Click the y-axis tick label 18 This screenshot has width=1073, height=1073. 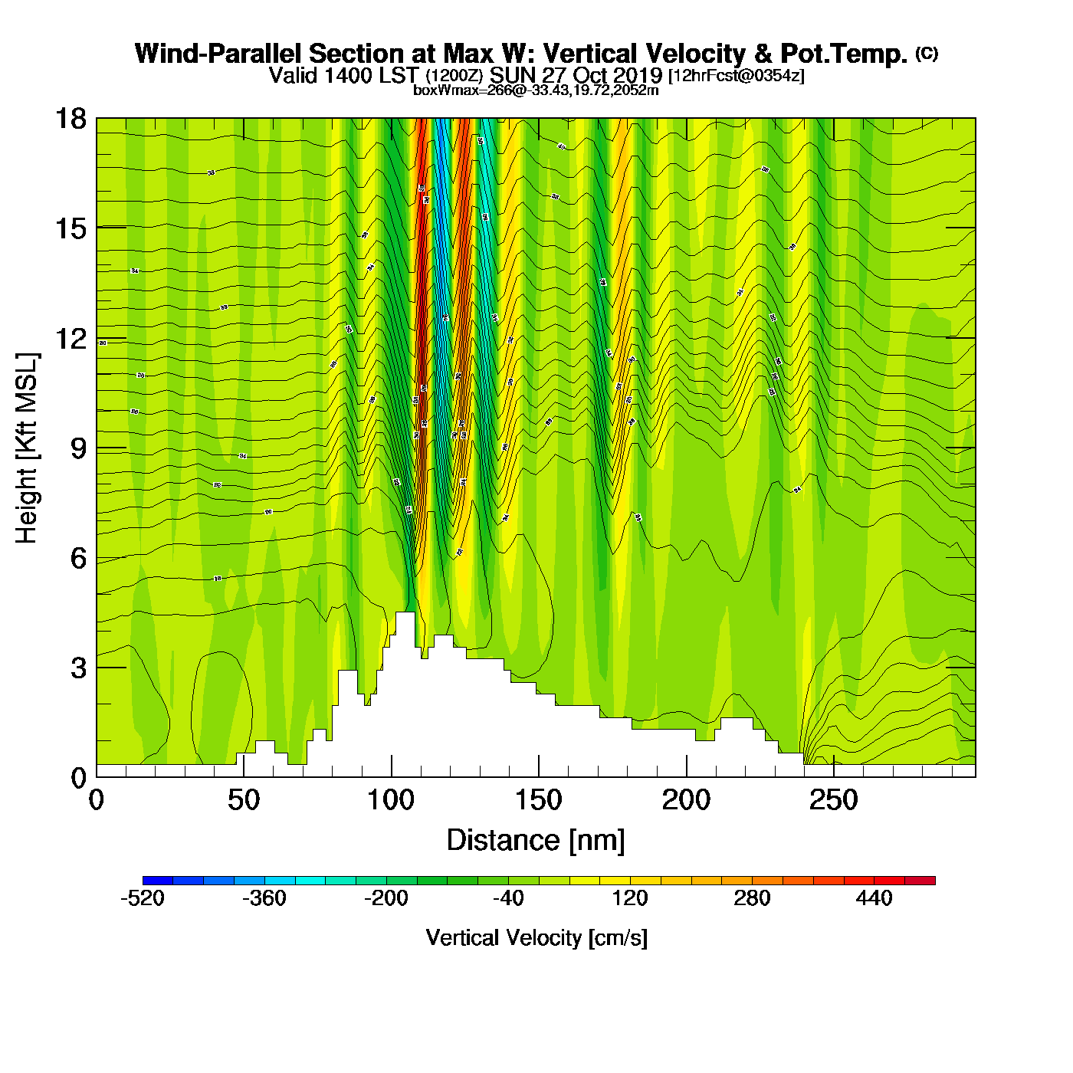(x=71, y=119)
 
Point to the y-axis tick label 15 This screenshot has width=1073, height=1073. (x=71, y=228)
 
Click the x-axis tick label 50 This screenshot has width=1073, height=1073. (x=244, y=801)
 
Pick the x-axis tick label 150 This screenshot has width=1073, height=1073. (x=539, y=801)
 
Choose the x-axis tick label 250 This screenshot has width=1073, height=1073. (x=834, y=801)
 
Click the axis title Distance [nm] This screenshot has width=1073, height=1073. (x=536, y=841)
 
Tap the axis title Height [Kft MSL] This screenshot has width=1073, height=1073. (x=27, y=448)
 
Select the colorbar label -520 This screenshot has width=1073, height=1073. (x=143, y=898)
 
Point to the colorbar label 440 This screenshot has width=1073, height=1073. (x=874, y=898)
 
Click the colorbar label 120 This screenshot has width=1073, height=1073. (x=630, y=898)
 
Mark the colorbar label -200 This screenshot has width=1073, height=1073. (x=386, y=898)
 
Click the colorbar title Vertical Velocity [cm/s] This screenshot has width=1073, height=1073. (x=536, y=938)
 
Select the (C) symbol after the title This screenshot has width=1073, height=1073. (x=926, y=53)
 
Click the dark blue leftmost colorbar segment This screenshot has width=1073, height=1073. (x=158, y=881)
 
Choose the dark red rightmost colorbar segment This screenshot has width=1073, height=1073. (x=920, y=881)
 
